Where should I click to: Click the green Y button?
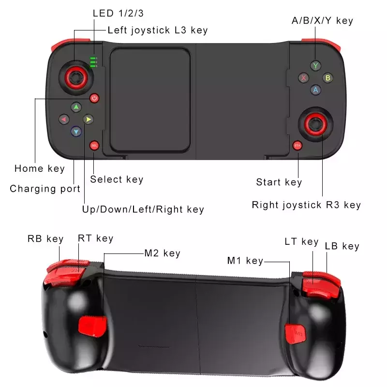(x=315, y=66)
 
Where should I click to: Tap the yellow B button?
(x=328, y=78)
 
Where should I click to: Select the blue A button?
(x=316, y=90)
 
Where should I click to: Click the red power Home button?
(x=94, y=98)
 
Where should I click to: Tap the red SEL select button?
(x=94, y=146)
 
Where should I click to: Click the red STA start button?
(x=298, y=146)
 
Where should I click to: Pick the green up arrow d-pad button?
(x=76, y=107)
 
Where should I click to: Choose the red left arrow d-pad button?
(x=64, y=119)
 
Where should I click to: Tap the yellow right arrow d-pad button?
(x=88, y=119)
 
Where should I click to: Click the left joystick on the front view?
(x=76, y=78)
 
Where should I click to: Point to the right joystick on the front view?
(x=316, y=124)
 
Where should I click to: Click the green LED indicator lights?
(x=93, y=62)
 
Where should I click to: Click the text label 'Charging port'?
(x=45, y=189)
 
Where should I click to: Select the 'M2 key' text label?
(x=163, y=253)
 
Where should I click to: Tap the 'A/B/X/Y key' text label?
(x=322, y=21)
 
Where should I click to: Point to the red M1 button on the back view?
(x=296, y=334)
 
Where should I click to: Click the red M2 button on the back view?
(x=92, y=326)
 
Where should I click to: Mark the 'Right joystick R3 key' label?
(x=306, y=205)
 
